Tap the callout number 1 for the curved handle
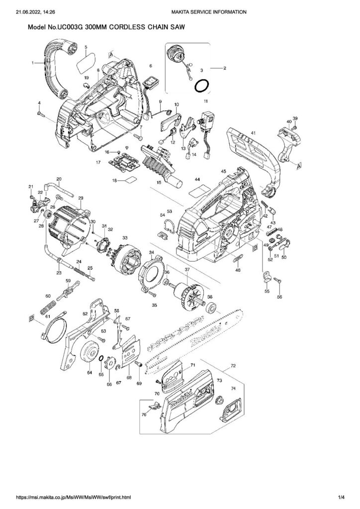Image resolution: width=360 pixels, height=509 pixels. [x=33, y=63]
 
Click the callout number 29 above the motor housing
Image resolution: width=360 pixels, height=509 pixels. [x=81, y=198]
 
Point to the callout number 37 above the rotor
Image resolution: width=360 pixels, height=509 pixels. [x=187, y=270]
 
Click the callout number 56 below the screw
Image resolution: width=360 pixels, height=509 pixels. [x=279, y=297]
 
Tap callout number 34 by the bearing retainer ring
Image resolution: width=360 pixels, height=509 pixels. [x=151, y=253]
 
